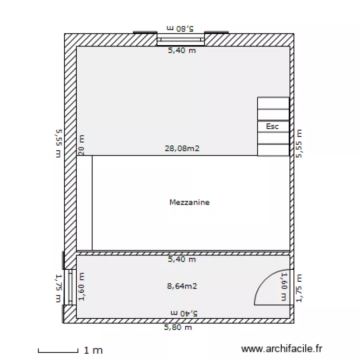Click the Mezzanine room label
click(x=190, y=203)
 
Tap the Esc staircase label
click(x=273, y=127)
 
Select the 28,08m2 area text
click(x=182, y=149)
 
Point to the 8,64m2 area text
click(x=182, y=286)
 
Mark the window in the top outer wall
click(x=181, y=40)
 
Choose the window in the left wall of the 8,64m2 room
click(x=70, y=287)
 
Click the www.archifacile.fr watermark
click(x=282, y=349)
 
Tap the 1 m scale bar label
click(x=93, y=350)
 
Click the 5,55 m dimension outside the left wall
click(x=58, y=143)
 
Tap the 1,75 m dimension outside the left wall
click(x=58, y=288)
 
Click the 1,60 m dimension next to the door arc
click(x=284, y=287)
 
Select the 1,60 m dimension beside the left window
click(x=81, y=287)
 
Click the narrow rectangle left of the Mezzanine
click(x=84, y=203)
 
